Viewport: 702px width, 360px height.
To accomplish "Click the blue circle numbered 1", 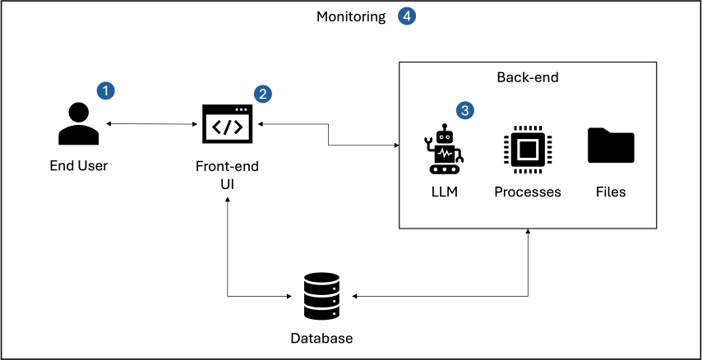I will pos(105,90).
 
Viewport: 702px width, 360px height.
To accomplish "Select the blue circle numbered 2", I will pos(262,94).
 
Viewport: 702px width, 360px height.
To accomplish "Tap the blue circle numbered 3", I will pos(464,110).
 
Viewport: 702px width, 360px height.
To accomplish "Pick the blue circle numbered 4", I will pos(407,16).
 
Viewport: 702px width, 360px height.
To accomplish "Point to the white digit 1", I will pos(105,90).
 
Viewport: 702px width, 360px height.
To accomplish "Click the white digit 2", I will pos(262,94).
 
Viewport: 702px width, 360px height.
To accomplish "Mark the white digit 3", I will pos(464,110).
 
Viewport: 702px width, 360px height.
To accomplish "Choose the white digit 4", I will pos(407,16).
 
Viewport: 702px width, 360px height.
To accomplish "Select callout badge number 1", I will pos(105,90).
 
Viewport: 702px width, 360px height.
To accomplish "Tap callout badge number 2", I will pos(262,94).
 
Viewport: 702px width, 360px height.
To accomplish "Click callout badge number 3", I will pos(464,110).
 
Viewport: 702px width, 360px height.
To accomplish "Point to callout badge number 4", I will pos(407,16).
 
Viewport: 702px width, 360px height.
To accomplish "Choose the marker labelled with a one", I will pos(105,90).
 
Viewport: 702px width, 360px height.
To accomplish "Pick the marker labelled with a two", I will pos(262,94).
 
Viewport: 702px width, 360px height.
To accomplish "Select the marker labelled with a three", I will pos(464,110).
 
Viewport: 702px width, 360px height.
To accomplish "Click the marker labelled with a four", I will pos(407,16).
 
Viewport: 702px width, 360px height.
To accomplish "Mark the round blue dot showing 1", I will pos(105,90).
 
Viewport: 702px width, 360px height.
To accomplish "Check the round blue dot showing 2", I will pos(262,94).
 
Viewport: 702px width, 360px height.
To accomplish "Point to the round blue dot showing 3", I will pos(464,110).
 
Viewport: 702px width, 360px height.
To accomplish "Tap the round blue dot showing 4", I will pos(407,16).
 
